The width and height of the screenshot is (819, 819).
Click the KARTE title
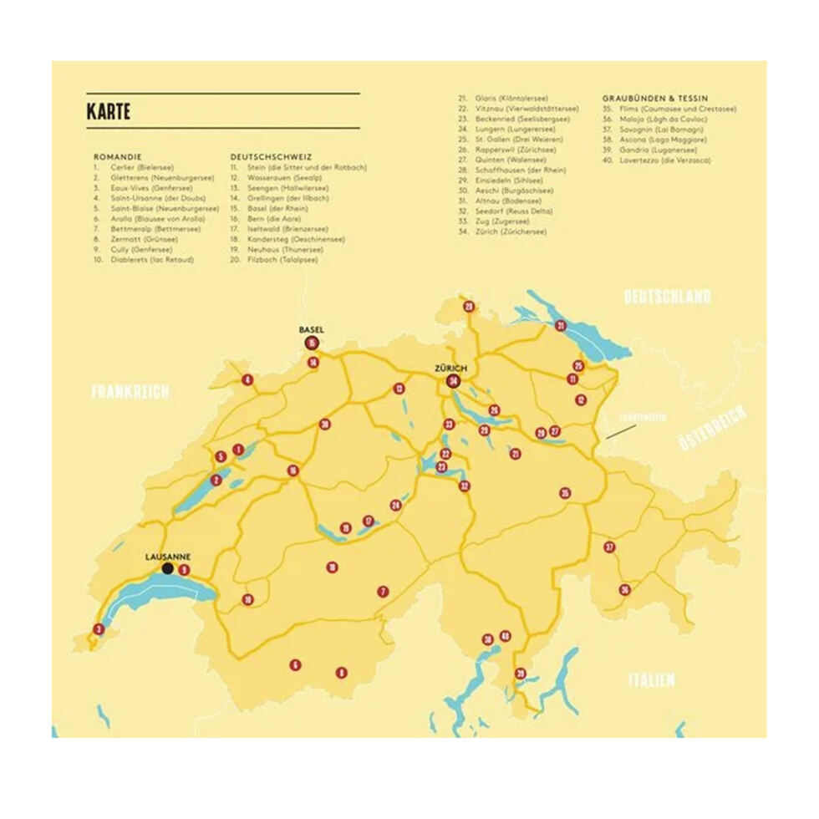tap(109, 112)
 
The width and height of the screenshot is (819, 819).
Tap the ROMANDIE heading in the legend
tap(117, 156)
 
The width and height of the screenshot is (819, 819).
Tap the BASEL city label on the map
tap(312, 330)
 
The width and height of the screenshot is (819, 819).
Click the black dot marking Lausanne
tap(168, 568)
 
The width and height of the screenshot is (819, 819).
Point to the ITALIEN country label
tap(651, 680)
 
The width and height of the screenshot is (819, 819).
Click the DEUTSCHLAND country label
tap(668, 297)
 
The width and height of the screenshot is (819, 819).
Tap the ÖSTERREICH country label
tap(711, 428)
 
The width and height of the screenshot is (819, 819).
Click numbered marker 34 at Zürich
tap(454, 382)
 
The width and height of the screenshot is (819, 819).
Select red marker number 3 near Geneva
tap(99, 629)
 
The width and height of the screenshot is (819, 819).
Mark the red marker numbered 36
tap(624, 589)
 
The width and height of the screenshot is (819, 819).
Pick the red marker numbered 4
tap(247, 380)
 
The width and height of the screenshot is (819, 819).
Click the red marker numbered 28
tap(469, 307)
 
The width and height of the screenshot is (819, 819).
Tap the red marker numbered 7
tap(383, 592)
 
